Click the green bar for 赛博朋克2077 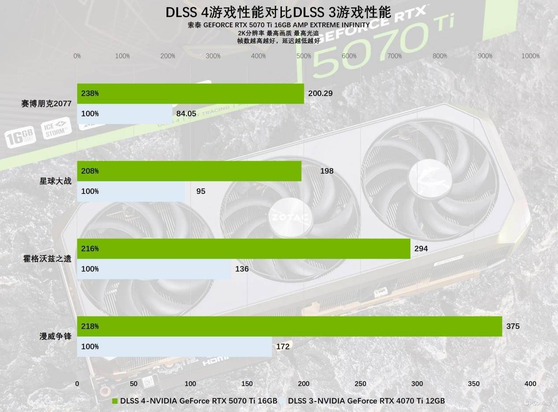tap(190, 93)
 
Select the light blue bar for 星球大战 tap(131, 192)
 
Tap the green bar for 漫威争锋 tap(289, 327)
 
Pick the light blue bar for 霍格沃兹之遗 tap(154, 269)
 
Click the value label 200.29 tap(320, 93)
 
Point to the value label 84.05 tap(186, 114)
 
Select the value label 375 tap(513, 327)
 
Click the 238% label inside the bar tap(90, 93)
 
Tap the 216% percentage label tap(90, 249)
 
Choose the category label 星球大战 tap(55, 181)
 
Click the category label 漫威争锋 tap(55, 337)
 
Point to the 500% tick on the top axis tap(304, 56)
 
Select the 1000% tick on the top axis tap(530, 56)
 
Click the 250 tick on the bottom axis tap(360, 384)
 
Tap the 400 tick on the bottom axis tap(530, 384)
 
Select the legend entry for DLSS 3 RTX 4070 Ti tap(367, 401)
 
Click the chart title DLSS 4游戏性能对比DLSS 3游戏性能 tap(278, 12)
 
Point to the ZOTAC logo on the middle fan tap(289, 217)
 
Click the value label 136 tap(242, 269)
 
